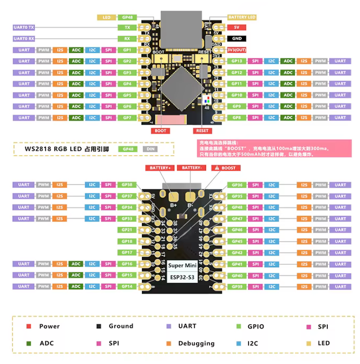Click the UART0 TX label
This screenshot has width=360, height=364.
[x=24, y=26]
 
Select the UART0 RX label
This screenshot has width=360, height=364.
[x=24, y=39]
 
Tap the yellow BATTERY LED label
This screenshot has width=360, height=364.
[x=242, y=17]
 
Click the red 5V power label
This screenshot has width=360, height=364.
[x=236, y=27]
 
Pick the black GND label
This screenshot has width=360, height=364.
[x=236, y=39]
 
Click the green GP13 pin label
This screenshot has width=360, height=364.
[x=237, y=61]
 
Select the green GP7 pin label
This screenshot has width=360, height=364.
[x=127, y=118]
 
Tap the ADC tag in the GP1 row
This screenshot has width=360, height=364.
[x=77, y=50]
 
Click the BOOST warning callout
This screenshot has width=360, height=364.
[x=225, y=168]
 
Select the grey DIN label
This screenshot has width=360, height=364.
[x=150, y=149]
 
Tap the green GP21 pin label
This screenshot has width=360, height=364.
[x=127, y=230]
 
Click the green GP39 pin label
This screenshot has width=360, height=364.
[x=237, y=286]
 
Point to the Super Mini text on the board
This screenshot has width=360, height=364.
[x=182, y=265]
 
